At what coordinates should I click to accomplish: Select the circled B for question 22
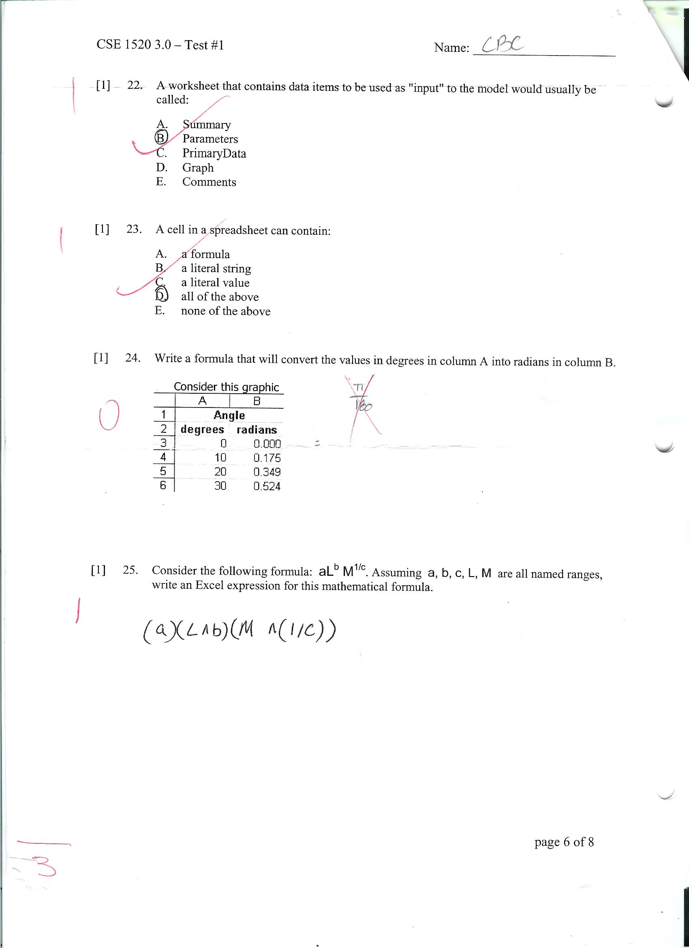(161, 137)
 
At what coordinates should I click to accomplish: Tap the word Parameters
(210, 139)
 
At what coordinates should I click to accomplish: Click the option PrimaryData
(214, 153)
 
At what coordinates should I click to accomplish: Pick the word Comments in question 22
(209, 182)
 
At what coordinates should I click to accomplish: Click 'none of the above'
(226, 311)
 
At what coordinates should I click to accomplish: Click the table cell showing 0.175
(267, 458)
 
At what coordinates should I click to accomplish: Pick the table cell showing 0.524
(267, 486)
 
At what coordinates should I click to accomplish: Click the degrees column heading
(202, 430)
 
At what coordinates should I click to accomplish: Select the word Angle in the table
(229, 415)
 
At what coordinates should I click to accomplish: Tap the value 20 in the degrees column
(220, 472)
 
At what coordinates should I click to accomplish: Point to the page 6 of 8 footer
(564, 841)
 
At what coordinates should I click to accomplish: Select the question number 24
(133, 358)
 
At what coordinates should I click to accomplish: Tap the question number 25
(131, 570)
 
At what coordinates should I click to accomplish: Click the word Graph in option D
(198, 167)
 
